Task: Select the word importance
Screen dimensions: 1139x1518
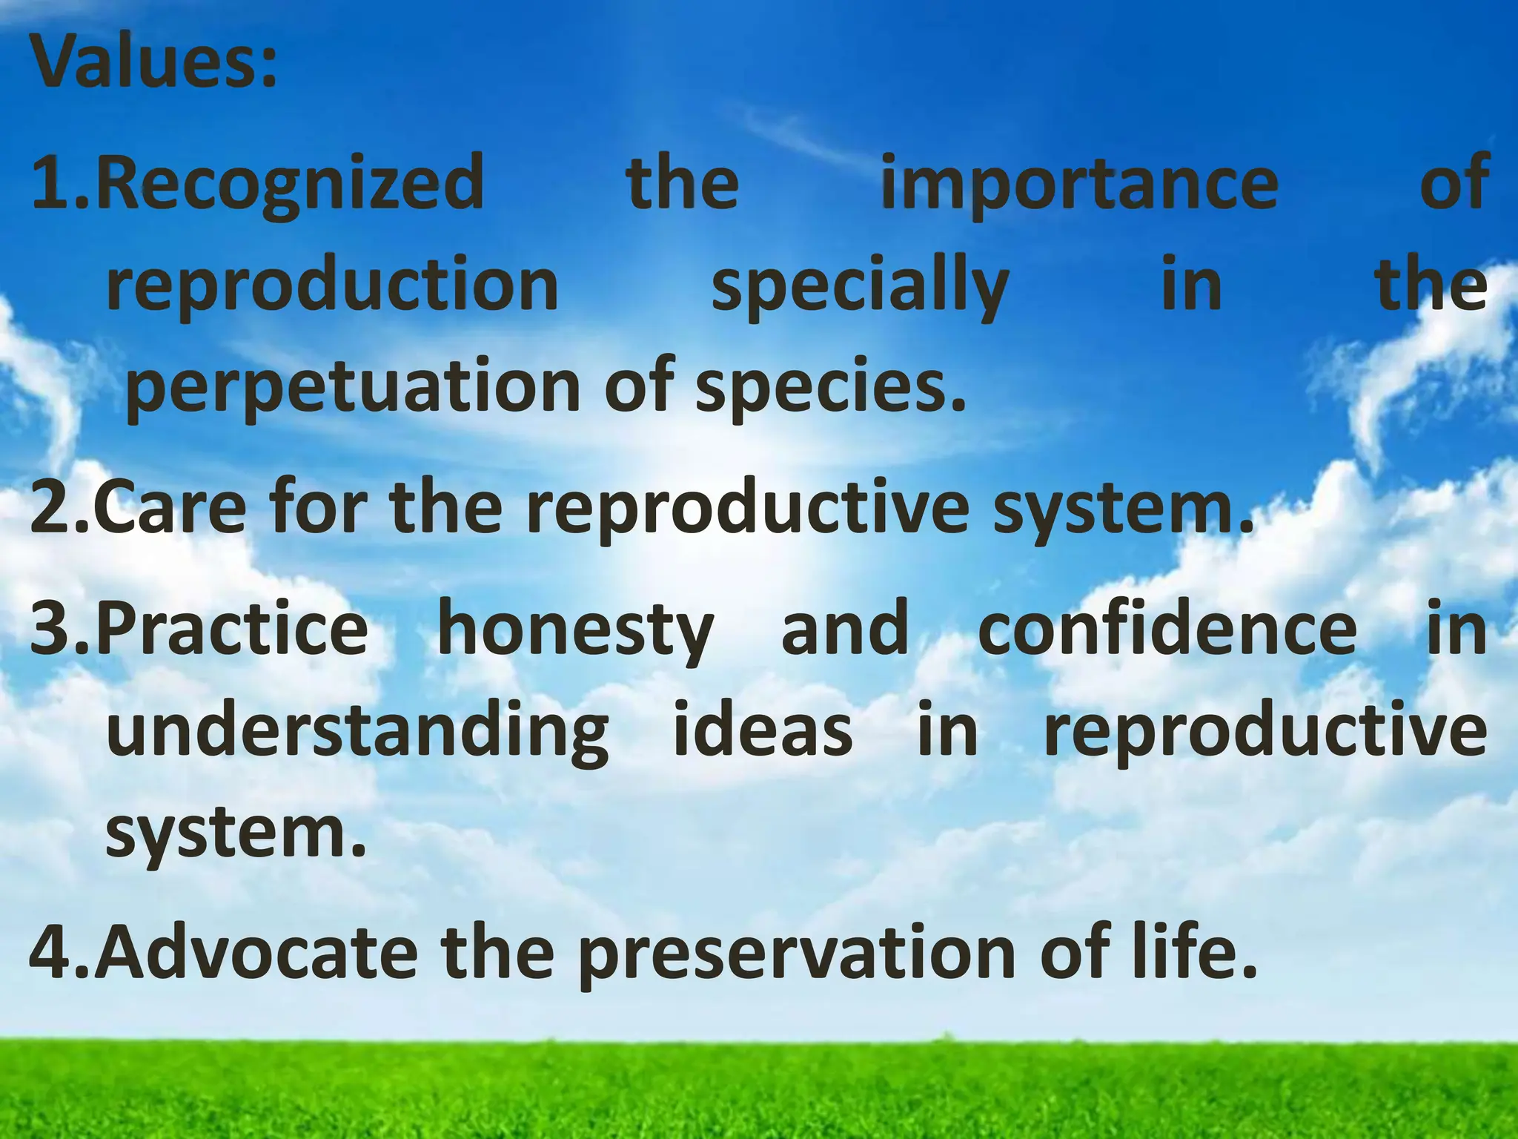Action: point(1079,184)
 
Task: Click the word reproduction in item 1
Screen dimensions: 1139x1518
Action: point(332,286)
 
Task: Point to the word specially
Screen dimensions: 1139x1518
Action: point(860,288)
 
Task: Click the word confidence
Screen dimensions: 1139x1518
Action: point(1167,630)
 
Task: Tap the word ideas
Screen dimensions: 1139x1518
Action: point(763,731)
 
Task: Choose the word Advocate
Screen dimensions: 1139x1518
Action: point(256,952)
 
